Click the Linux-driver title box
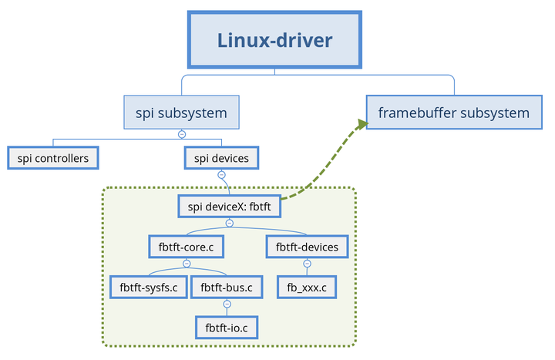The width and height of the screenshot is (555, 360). pos(274,40)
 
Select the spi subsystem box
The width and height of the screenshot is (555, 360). pos(182,113)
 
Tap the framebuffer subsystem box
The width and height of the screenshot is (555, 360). pos(454,113)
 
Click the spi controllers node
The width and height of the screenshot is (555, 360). pos(53,159)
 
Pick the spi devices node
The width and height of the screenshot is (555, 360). pos(221,159)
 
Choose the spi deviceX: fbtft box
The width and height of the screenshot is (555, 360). pos(229,207)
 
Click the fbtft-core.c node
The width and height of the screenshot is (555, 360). pos(186,247)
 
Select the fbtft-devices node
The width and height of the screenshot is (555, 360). pos(307,247)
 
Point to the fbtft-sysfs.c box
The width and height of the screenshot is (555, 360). pos(149,288)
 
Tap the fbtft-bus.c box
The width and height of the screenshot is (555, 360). pos(227,288)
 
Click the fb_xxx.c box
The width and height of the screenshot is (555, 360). pos(307,288)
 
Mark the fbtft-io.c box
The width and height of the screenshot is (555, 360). pos(227,328)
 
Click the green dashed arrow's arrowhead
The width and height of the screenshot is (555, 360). pos(361,124)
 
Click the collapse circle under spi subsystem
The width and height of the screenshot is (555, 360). pos(182,134)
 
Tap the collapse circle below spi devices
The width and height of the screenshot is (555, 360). pos(221,175)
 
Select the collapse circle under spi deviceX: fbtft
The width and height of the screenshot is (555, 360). pos(229,223)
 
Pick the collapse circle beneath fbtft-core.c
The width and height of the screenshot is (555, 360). pos(186,263)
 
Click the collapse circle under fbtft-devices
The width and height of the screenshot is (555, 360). pos(307,263)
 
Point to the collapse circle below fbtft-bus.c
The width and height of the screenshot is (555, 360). pos(227,304)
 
